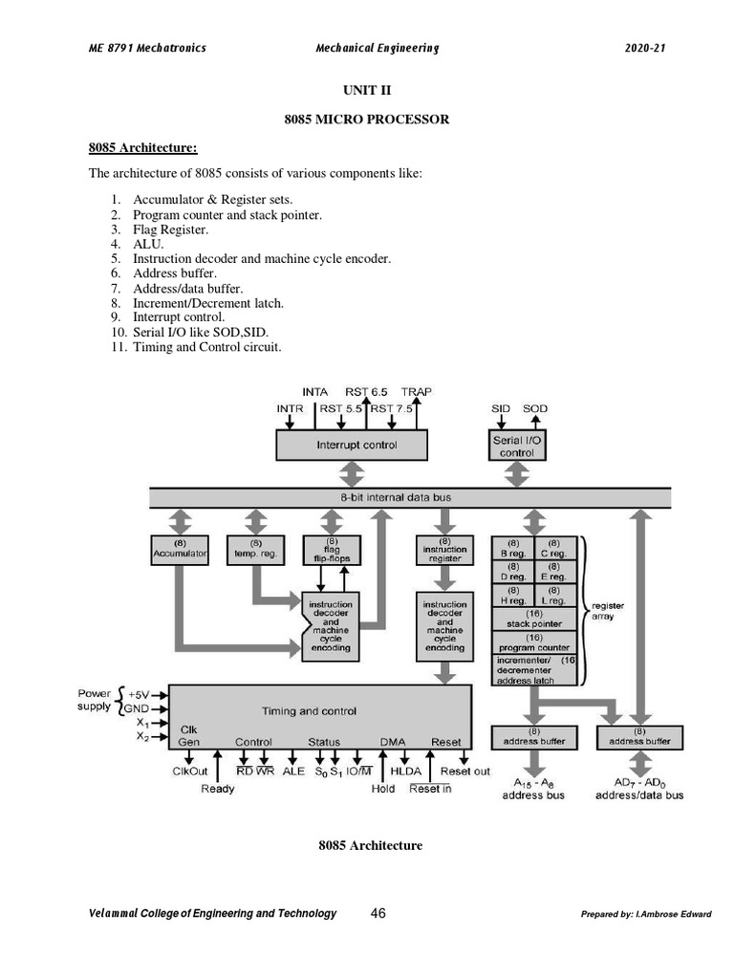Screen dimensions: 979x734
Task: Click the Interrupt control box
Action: click(356, 445)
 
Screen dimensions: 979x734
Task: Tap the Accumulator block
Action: click(180, 549)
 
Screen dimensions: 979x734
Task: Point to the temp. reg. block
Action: click(254, 549)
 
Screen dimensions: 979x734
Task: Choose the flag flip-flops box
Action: click(330, 549)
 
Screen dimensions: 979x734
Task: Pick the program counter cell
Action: click(533, 642)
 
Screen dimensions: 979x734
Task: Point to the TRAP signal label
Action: click(416, 392)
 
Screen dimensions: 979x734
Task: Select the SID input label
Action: click(501, 408)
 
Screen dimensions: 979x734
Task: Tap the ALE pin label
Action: click(293, 771)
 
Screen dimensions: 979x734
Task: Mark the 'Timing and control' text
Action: click(309, 710)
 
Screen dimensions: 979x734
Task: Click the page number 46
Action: click(378, 913)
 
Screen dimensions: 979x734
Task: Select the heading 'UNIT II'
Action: click(367, 90)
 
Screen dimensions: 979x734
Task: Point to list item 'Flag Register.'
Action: click(170, 229)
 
